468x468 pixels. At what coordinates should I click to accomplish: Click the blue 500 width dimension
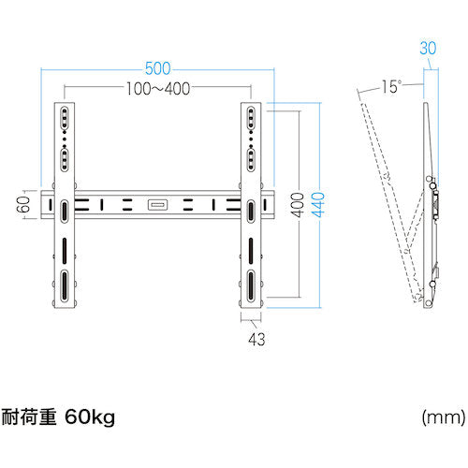(x=158, y=68)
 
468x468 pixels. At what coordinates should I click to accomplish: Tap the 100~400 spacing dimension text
(x=158, y=89)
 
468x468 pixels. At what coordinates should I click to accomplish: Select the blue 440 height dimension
(x=318, y=205)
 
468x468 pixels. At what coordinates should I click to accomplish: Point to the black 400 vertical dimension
(x=299, y=205)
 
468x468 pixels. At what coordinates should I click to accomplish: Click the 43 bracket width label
(x=256, y=339)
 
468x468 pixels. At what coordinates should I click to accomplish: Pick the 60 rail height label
(x=23, y=204)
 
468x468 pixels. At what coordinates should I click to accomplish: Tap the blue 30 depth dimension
(x=428, y=48)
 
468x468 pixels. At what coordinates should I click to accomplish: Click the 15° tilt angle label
(x=391, y=86)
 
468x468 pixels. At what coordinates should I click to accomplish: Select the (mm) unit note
(x=444, y=417)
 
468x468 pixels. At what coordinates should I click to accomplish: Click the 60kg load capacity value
(x=90, y=417)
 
